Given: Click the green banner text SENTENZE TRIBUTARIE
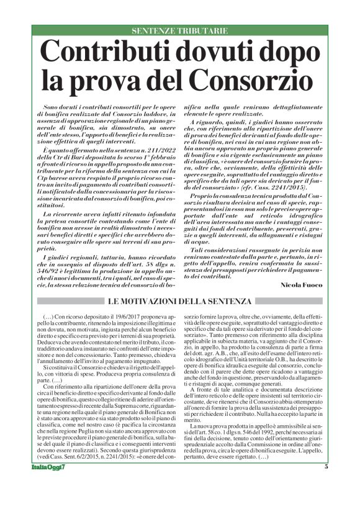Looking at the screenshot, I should (180, 30).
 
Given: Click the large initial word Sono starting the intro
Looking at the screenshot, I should (52, 108).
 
